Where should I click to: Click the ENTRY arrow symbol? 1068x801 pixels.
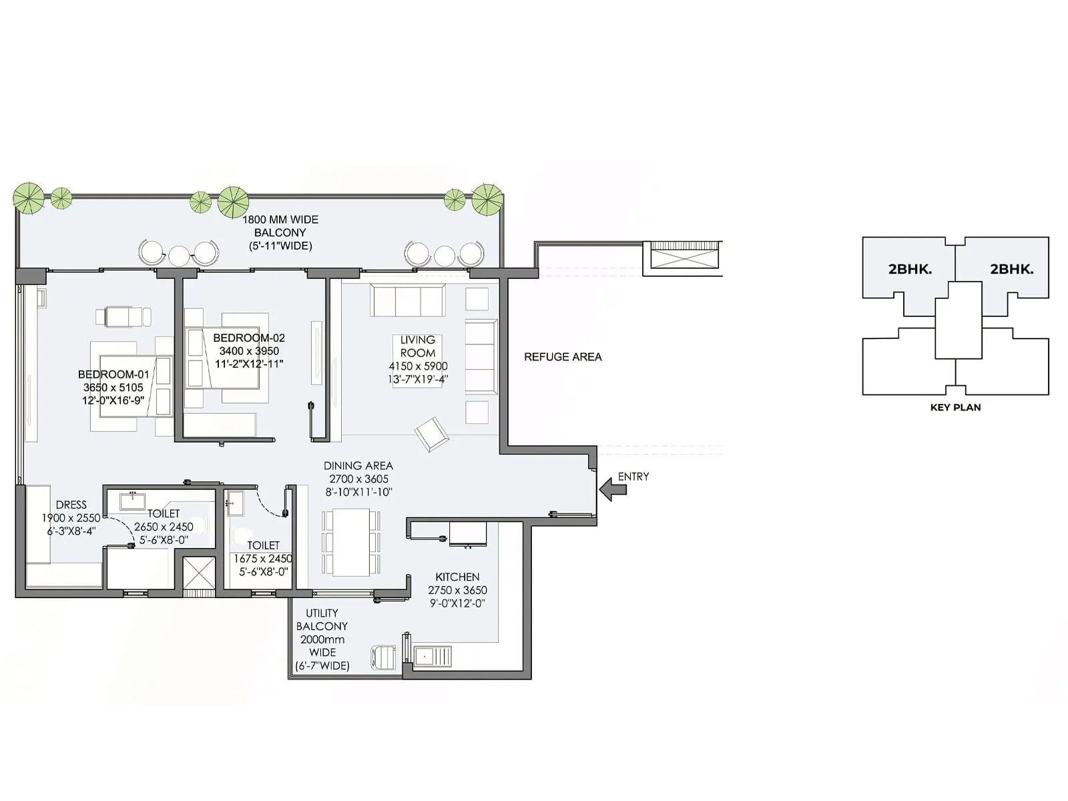click(613, 489)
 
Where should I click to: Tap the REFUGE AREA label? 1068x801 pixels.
click(563, 357)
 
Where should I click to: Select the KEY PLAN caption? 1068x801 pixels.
click(955, 407)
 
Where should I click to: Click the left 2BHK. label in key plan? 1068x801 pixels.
click(910, 270)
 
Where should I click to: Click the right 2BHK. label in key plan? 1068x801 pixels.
click(1011, 270)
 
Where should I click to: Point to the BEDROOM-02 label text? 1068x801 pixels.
click(249, 338)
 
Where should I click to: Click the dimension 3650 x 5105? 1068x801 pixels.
click(113, 387)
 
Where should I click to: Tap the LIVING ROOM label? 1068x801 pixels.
click(417, 346)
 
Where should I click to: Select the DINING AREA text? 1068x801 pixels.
click(358, 466)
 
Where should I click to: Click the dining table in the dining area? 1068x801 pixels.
click(351, 542)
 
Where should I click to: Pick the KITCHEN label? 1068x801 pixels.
click(457, 577)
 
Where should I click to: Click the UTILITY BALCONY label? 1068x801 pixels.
click(322, 619)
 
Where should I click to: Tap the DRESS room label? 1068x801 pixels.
click(71, 505)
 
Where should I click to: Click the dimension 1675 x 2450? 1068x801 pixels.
click(262, 559)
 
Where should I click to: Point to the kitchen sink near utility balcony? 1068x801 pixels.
click(433, 656)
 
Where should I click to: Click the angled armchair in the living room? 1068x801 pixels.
click(432, 434)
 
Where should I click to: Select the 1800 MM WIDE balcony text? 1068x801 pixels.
click(280, 220)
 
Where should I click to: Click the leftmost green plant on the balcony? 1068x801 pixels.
click(29, 198)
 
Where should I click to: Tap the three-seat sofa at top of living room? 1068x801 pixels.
click(408, 300)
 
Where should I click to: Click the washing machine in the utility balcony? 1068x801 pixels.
click(383, 657)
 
